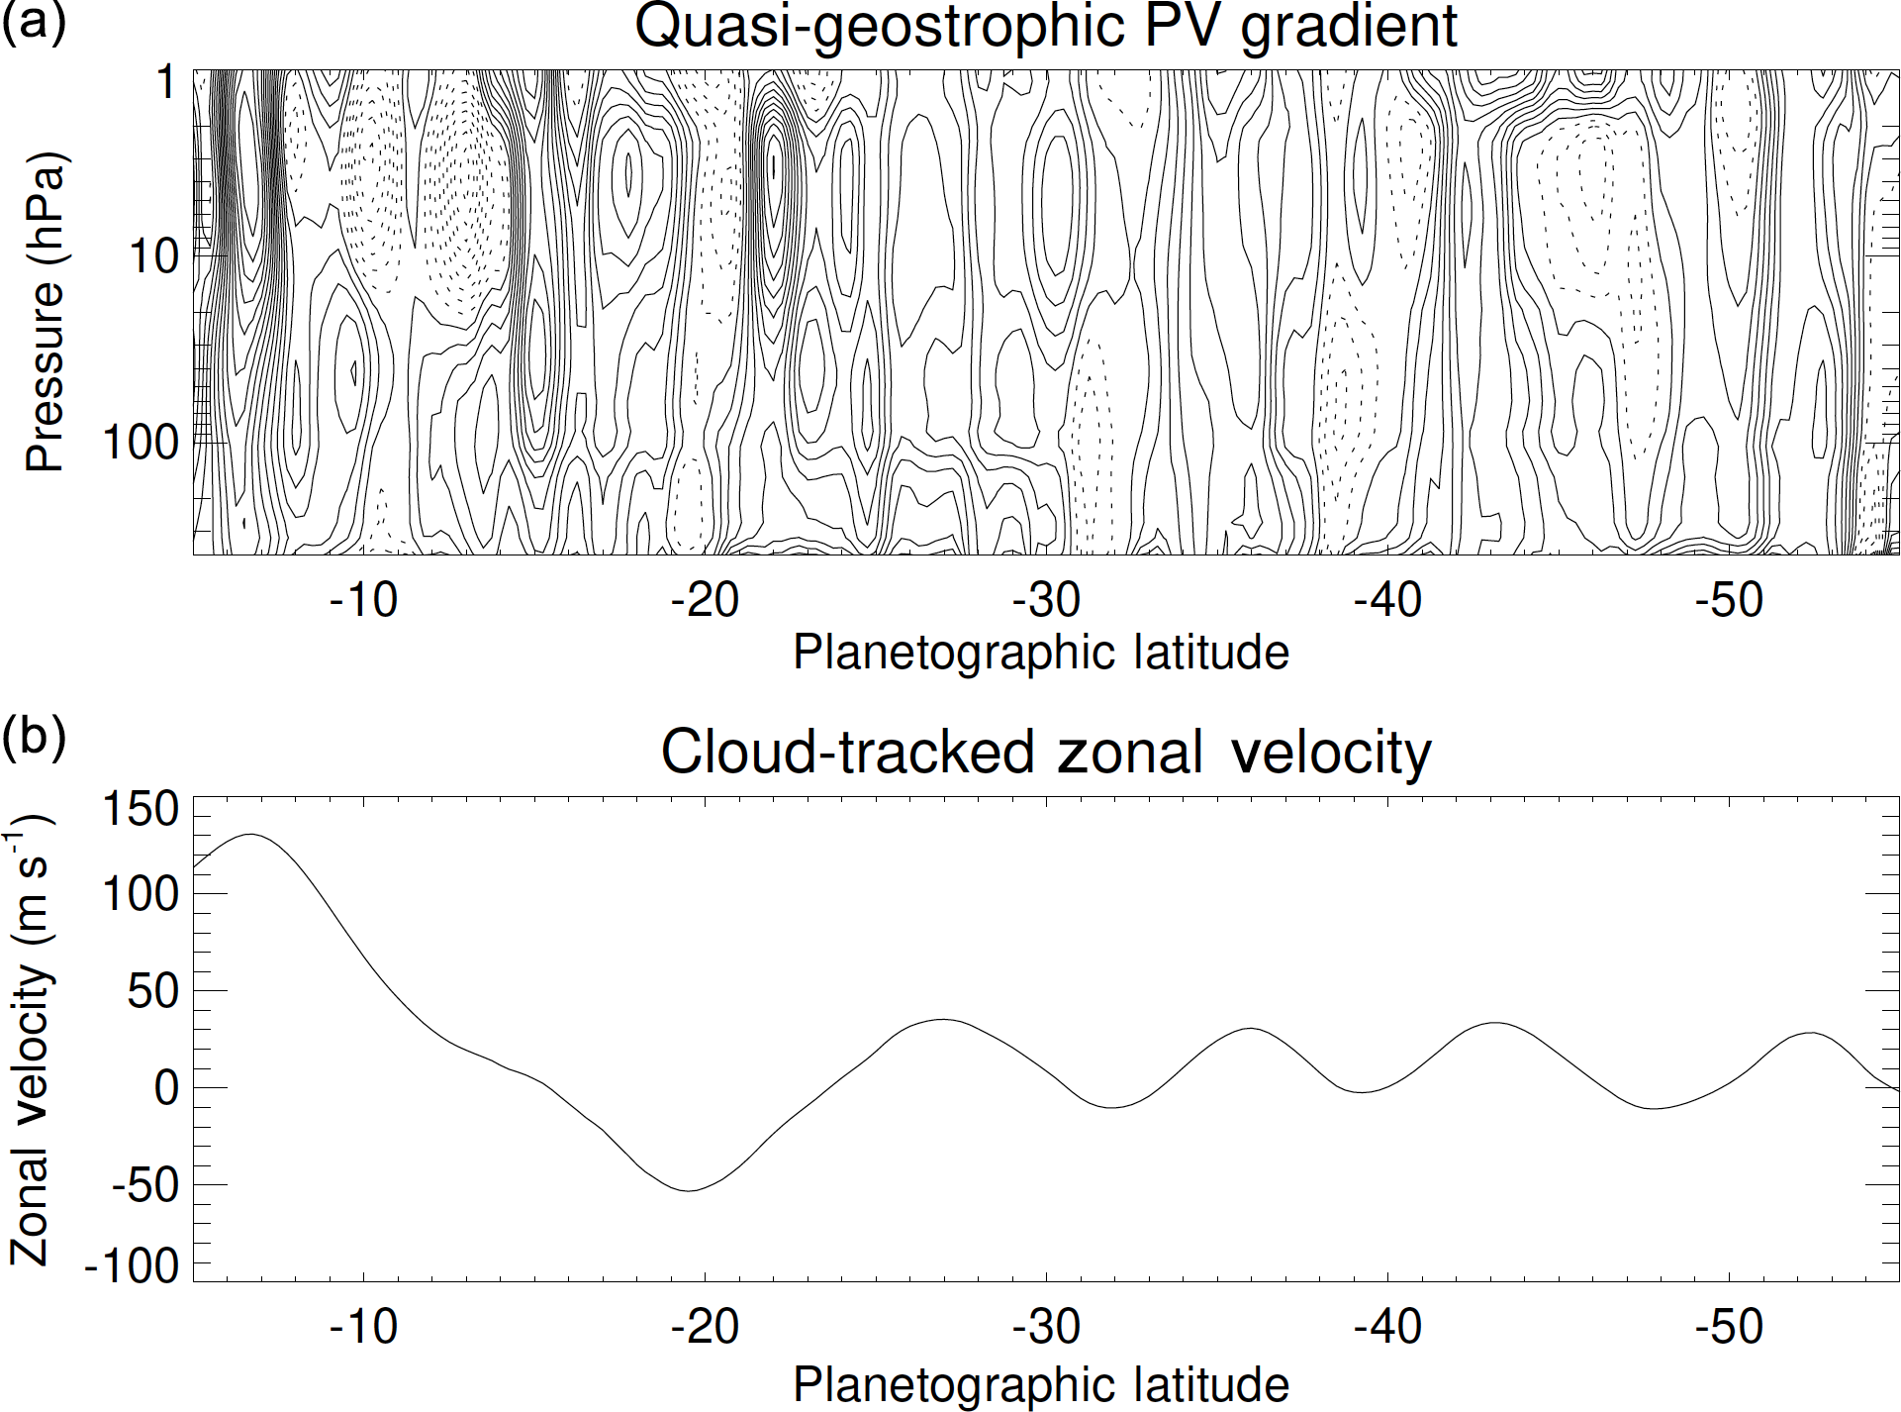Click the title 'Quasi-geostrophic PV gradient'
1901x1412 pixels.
click(x=1045, y=27)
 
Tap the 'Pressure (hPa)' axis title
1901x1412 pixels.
click(x=46, y=312)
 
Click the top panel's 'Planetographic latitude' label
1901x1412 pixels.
click(x=1041, y=653)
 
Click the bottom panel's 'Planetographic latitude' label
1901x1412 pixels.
click(x=1041, y=1383)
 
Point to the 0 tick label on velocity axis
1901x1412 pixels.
click(x=165, y=1088)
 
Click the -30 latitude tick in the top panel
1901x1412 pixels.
click(x=1047, y=600)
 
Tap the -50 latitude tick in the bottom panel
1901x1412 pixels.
click(x=1729, y=1327)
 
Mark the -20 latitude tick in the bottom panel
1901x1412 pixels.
click(x=705, y=1327)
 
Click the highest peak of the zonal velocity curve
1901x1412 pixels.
click(x=249, y=834)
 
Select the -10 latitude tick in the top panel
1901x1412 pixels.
click(x=363, y=600)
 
